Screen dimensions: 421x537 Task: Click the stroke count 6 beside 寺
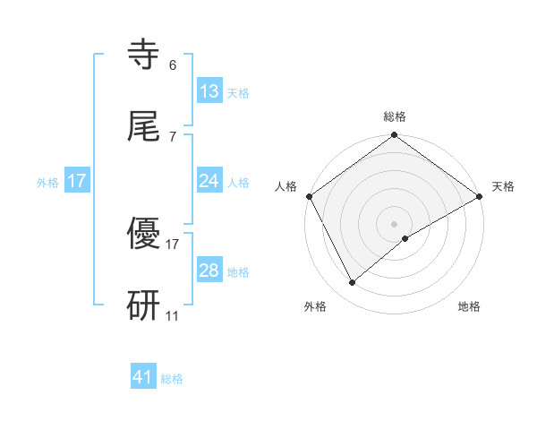click(x=172, y=64)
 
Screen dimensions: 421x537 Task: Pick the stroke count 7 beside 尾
click(x=172, y=136)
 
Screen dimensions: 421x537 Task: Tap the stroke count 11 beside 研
click(x=173, y=316)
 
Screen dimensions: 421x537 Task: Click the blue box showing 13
click(x=209, y=91)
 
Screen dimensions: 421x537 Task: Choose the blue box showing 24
click(x=209, y=181)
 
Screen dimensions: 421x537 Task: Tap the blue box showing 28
click(x=209, y=271)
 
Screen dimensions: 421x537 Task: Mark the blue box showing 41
click(x=143, y=378)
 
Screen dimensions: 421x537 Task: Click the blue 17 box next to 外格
click(x=77, y=181)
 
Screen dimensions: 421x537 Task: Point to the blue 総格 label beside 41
click(x=172, y=379)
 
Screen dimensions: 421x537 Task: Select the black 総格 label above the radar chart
click(x=394, y=116)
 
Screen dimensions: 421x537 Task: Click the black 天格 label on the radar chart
click(x=503, y=186)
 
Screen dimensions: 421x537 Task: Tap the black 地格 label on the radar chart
click(x=469, y=306)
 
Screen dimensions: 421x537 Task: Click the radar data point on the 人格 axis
click(x=309, y=196)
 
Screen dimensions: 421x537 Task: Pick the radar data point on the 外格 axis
click(x=353, y=283)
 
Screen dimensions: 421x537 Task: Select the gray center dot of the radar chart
click(x=394, y=223)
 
